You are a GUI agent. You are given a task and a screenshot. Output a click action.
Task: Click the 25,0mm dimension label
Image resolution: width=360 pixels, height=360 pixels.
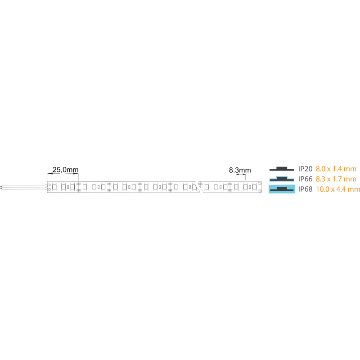65,170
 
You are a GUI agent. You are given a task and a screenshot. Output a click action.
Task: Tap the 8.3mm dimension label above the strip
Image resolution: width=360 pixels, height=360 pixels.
240,170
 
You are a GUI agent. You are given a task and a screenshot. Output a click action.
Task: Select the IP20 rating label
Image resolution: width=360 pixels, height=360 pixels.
306,169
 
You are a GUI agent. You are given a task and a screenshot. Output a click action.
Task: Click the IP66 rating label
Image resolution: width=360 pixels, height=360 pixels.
306,179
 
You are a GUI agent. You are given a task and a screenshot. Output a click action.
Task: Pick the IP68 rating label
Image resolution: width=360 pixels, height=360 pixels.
306,189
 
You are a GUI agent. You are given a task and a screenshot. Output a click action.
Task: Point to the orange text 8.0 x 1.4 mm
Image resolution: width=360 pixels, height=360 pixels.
336,169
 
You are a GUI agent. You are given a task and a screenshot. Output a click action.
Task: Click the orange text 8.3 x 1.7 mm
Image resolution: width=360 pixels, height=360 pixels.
336,179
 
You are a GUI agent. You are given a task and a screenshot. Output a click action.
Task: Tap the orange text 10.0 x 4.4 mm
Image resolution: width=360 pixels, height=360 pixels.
338,189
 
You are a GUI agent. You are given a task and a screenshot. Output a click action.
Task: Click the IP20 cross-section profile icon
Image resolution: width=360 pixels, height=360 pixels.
282,169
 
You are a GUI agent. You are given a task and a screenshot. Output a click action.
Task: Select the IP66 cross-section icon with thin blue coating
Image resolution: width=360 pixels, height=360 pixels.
282,179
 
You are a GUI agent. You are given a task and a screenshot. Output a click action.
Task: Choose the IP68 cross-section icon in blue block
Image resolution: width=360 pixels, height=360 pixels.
282,189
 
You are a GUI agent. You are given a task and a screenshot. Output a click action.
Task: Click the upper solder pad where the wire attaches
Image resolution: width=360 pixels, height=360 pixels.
49,184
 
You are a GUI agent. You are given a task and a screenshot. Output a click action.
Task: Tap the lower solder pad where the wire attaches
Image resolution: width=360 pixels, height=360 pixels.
49,189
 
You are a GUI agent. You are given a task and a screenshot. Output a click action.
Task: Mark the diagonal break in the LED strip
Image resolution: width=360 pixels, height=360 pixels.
198,187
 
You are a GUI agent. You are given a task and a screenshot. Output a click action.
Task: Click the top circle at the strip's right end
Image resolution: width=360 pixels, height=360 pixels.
260,184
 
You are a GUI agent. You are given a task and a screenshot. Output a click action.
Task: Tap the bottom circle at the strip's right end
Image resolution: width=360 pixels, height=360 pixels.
260,190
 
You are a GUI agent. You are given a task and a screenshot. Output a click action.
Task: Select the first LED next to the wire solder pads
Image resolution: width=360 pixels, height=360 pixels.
54,187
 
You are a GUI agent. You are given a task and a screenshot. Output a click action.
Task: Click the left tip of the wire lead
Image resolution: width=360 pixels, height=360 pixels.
1,187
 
